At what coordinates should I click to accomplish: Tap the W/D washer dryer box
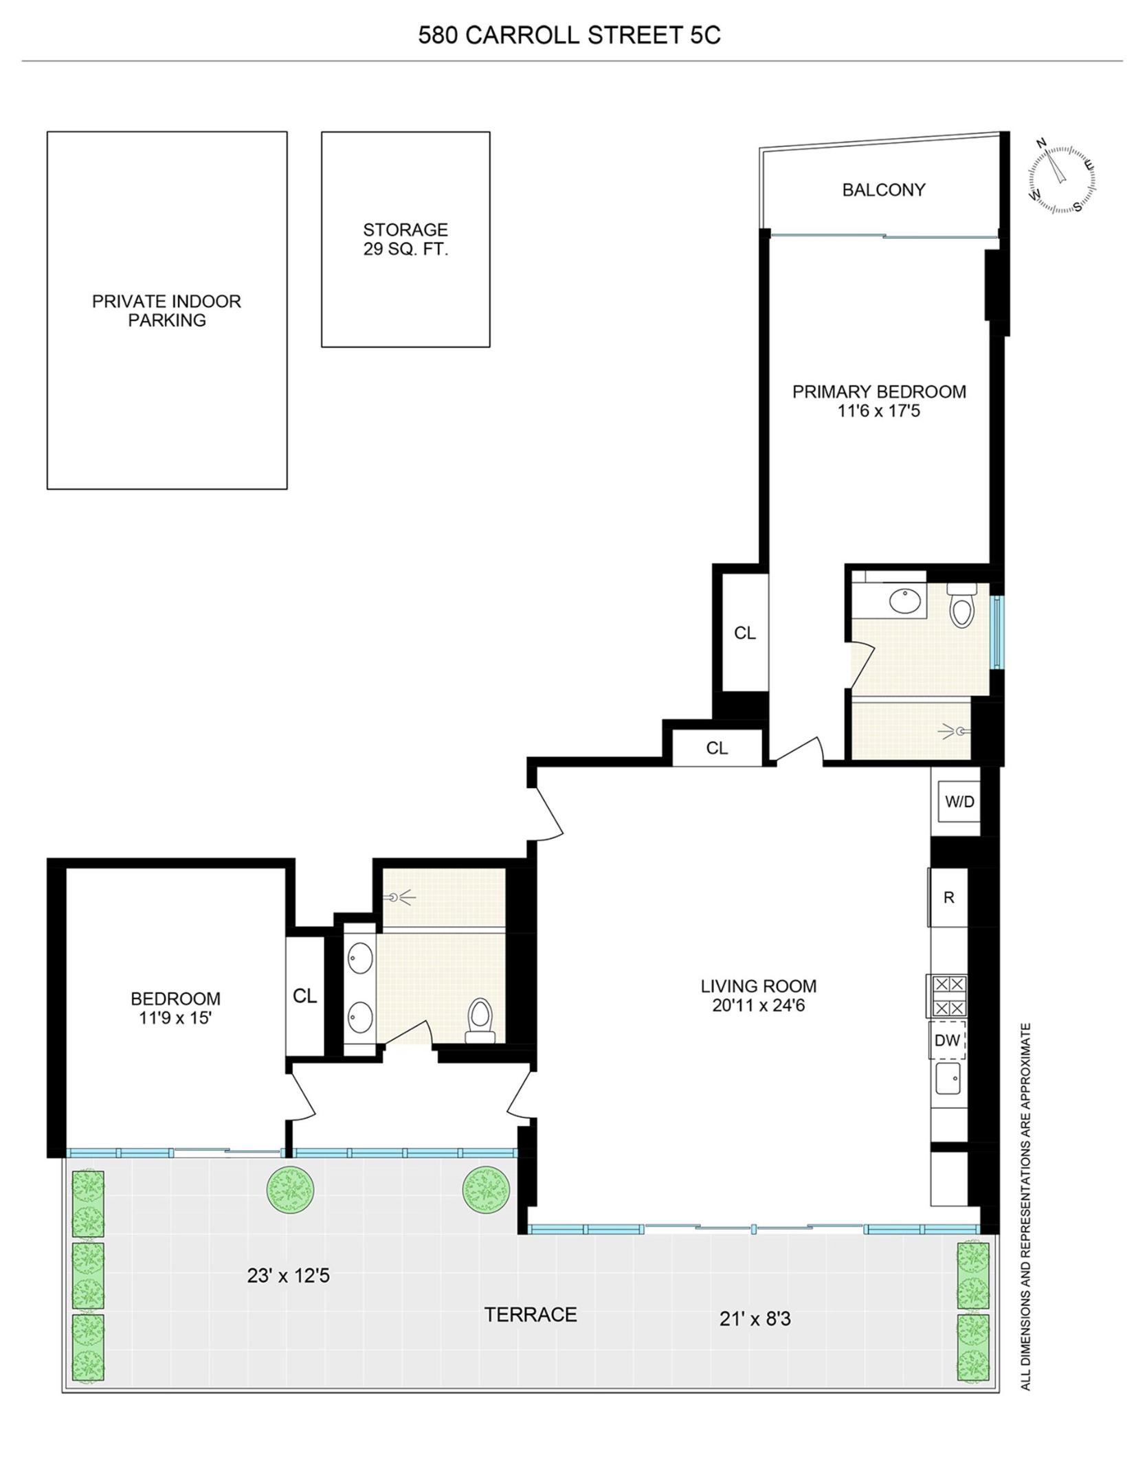pyautogui.click(x=959, y=801)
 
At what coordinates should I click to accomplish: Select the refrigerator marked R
pyautogui.click(x=948, y=897)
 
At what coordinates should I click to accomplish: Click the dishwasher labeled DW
pyautogui.click(x=947, y=1040)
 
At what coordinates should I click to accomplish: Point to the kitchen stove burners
pyautogui.click(x=948, y=996)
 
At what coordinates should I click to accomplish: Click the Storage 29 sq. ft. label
pyautogui.click(x=405, y=239)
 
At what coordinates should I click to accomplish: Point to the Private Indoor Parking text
pyautogui.click(x=167, y=311)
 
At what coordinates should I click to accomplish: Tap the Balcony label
pyautogui.click(x=884, y=190)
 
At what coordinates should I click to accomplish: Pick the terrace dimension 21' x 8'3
pyautogui.click(x=755, y=1319)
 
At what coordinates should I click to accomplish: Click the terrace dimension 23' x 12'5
pyautogui.click(x=288, y=1276)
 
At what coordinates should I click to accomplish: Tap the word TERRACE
pyautogui.click(x=531, y=1314)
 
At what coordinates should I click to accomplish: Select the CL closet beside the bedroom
pyautogui.click(x=304, y=996)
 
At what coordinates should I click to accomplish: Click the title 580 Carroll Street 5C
pyautogui.click(x=569, y=36)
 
